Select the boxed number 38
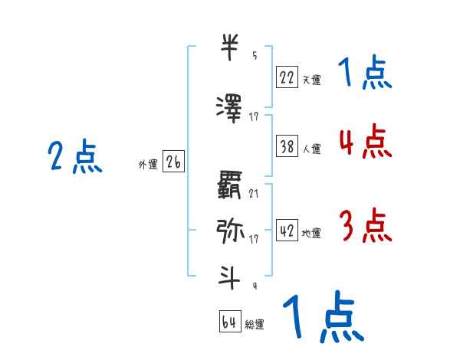pos(287,147)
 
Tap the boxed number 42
pos(287,231)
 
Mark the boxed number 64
pos(230,322)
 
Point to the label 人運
pos(311,150)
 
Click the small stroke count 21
pos(254,193)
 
